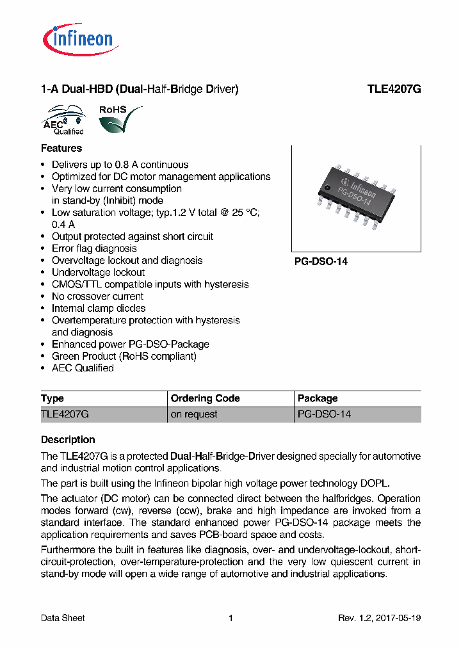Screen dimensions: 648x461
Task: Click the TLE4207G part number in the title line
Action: (394, 90)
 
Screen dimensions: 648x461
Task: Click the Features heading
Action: (61, 148)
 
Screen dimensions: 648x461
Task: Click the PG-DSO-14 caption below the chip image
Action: (321, 262)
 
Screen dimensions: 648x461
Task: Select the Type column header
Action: (53, 398)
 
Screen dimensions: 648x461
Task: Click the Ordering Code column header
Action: (205, 398)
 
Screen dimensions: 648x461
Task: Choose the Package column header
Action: (318, 398)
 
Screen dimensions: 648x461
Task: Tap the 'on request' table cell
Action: (193, 414)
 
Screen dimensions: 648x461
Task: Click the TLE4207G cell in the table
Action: (65, 414)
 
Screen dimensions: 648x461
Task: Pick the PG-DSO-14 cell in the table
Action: (325, 414)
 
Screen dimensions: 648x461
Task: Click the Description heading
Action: (68, 440)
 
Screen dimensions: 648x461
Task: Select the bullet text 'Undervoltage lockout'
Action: (98, 272)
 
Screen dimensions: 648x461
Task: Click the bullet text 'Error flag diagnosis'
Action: (94, 248)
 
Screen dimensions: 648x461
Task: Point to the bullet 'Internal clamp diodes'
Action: (99, 308)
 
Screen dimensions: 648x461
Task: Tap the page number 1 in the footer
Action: (230, 618)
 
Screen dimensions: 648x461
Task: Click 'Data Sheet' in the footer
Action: (63, 618)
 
